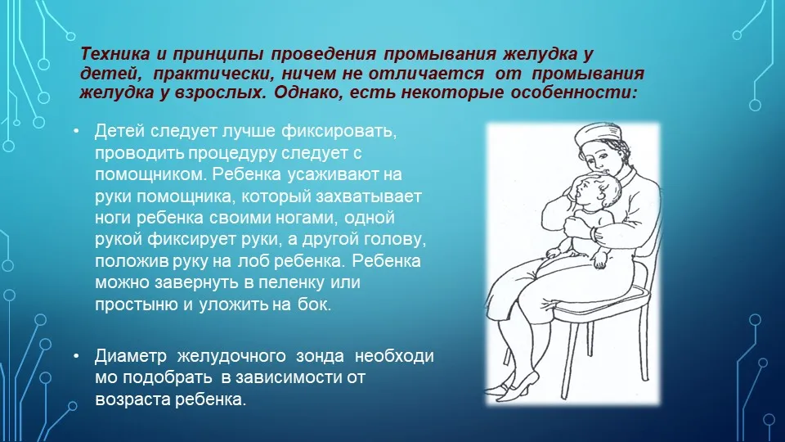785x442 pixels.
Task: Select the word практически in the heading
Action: pos(213,74)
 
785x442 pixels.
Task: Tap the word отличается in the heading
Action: pos(426,73)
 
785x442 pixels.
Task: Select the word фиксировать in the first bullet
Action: pos(339,131)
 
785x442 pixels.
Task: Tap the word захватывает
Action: pos(369,196)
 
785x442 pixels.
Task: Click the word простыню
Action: pos(137,304)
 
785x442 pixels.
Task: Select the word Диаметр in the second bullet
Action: pos(130,356)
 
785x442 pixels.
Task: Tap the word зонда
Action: pos(321,357)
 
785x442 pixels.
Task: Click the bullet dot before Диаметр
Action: pos(76,356)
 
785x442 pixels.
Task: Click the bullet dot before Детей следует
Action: pos(76,131)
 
